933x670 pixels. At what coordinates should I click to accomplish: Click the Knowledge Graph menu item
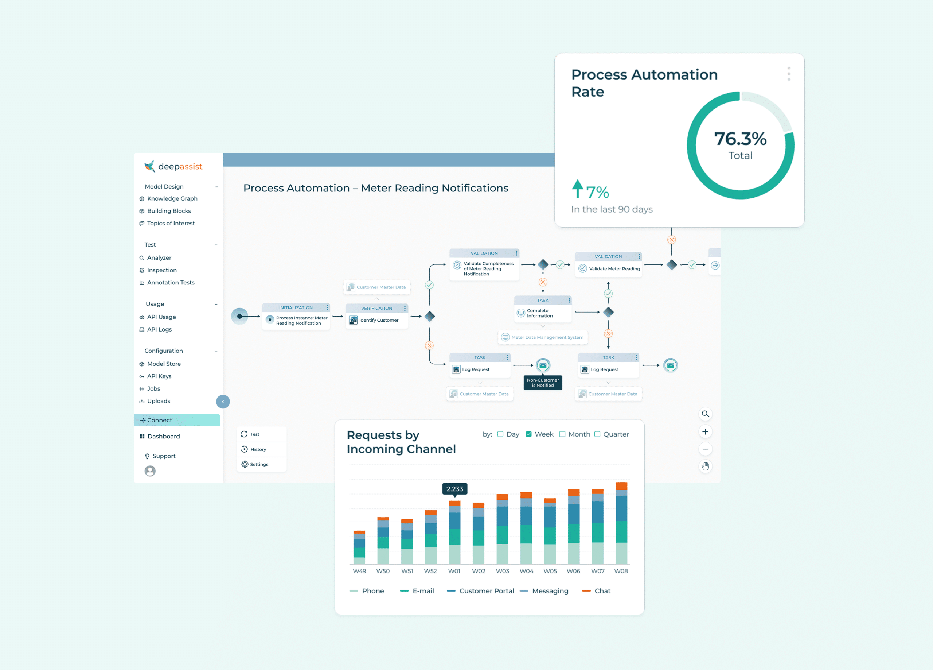click(168, 198)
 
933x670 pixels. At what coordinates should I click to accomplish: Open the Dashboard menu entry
click(160, 436)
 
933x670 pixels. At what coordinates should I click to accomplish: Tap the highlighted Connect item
click(177, 420)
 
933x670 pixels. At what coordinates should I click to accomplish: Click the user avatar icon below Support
click(150, 471)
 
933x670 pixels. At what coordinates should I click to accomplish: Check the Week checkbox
click(528, 434)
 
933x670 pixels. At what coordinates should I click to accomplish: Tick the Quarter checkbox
click(597, 434)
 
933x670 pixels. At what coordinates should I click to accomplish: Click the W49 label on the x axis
click(359, 571)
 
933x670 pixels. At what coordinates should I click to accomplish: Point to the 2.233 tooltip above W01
click(454, 489)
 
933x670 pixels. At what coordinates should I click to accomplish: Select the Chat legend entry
click(596, 591)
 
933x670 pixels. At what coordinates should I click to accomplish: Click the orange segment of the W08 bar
click(621, 486)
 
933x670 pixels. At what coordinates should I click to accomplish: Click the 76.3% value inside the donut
click(740, 139)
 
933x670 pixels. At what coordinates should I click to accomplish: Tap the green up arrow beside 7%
click(578, 189)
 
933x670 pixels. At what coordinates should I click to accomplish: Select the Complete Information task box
click(543, 309)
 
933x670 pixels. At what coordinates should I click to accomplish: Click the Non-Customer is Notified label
click(543, 383)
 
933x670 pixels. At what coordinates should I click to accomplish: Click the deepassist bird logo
click(150, 166)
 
